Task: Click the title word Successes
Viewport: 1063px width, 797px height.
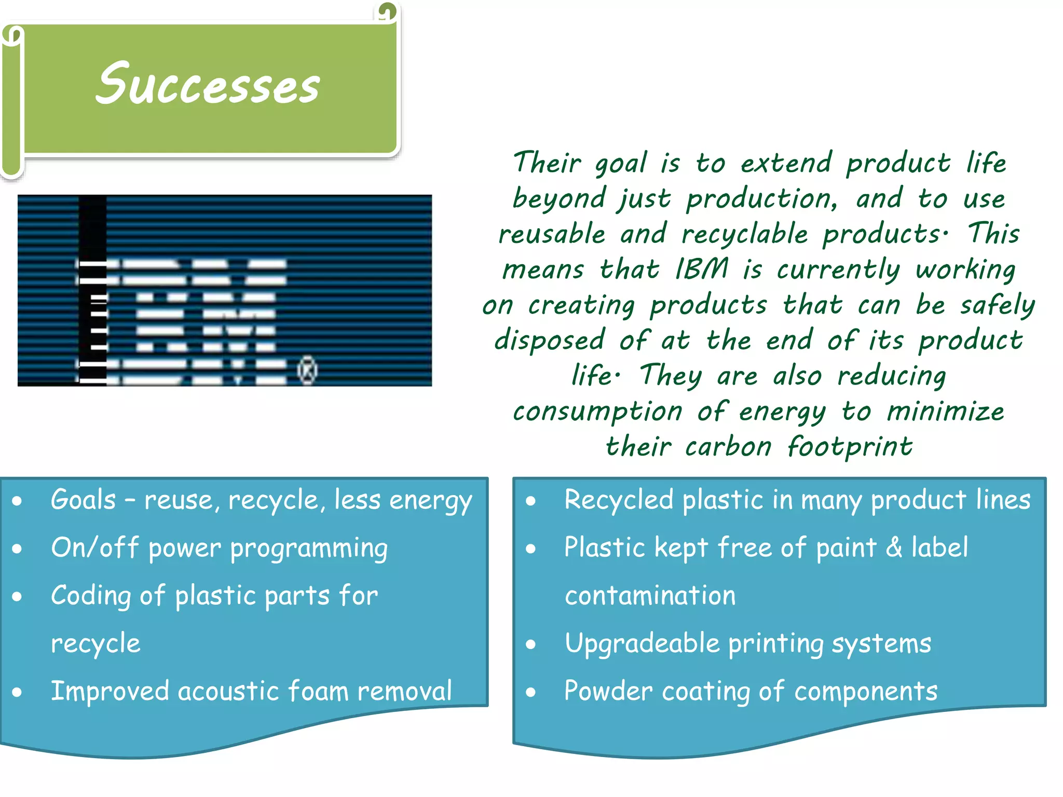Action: (208, 85)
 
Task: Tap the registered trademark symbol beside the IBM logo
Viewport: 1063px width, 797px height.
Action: (307, 370)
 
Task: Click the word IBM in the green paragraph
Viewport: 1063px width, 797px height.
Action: (701, 269)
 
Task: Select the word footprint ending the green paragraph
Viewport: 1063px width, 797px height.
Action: (850, 447)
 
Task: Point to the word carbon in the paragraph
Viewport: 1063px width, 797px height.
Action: (728, 447)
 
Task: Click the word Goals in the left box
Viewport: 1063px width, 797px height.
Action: (83, 500)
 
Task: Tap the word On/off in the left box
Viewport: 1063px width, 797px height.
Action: (95, 548)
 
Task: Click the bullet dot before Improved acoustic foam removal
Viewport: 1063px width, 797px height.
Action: (17, 692)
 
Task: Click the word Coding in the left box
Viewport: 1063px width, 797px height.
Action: (90, 596)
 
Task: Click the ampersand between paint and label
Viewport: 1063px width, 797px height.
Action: (894, 548)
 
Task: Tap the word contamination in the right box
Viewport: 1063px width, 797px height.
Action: (650, 596)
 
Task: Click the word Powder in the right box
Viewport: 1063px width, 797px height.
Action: (608, 692)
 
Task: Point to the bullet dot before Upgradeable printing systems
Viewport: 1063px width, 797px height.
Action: (530, 644)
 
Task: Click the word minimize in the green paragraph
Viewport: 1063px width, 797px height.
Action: (945, 411)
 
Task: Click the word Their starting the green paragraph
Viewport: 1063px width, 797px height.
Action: (547, 162)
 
